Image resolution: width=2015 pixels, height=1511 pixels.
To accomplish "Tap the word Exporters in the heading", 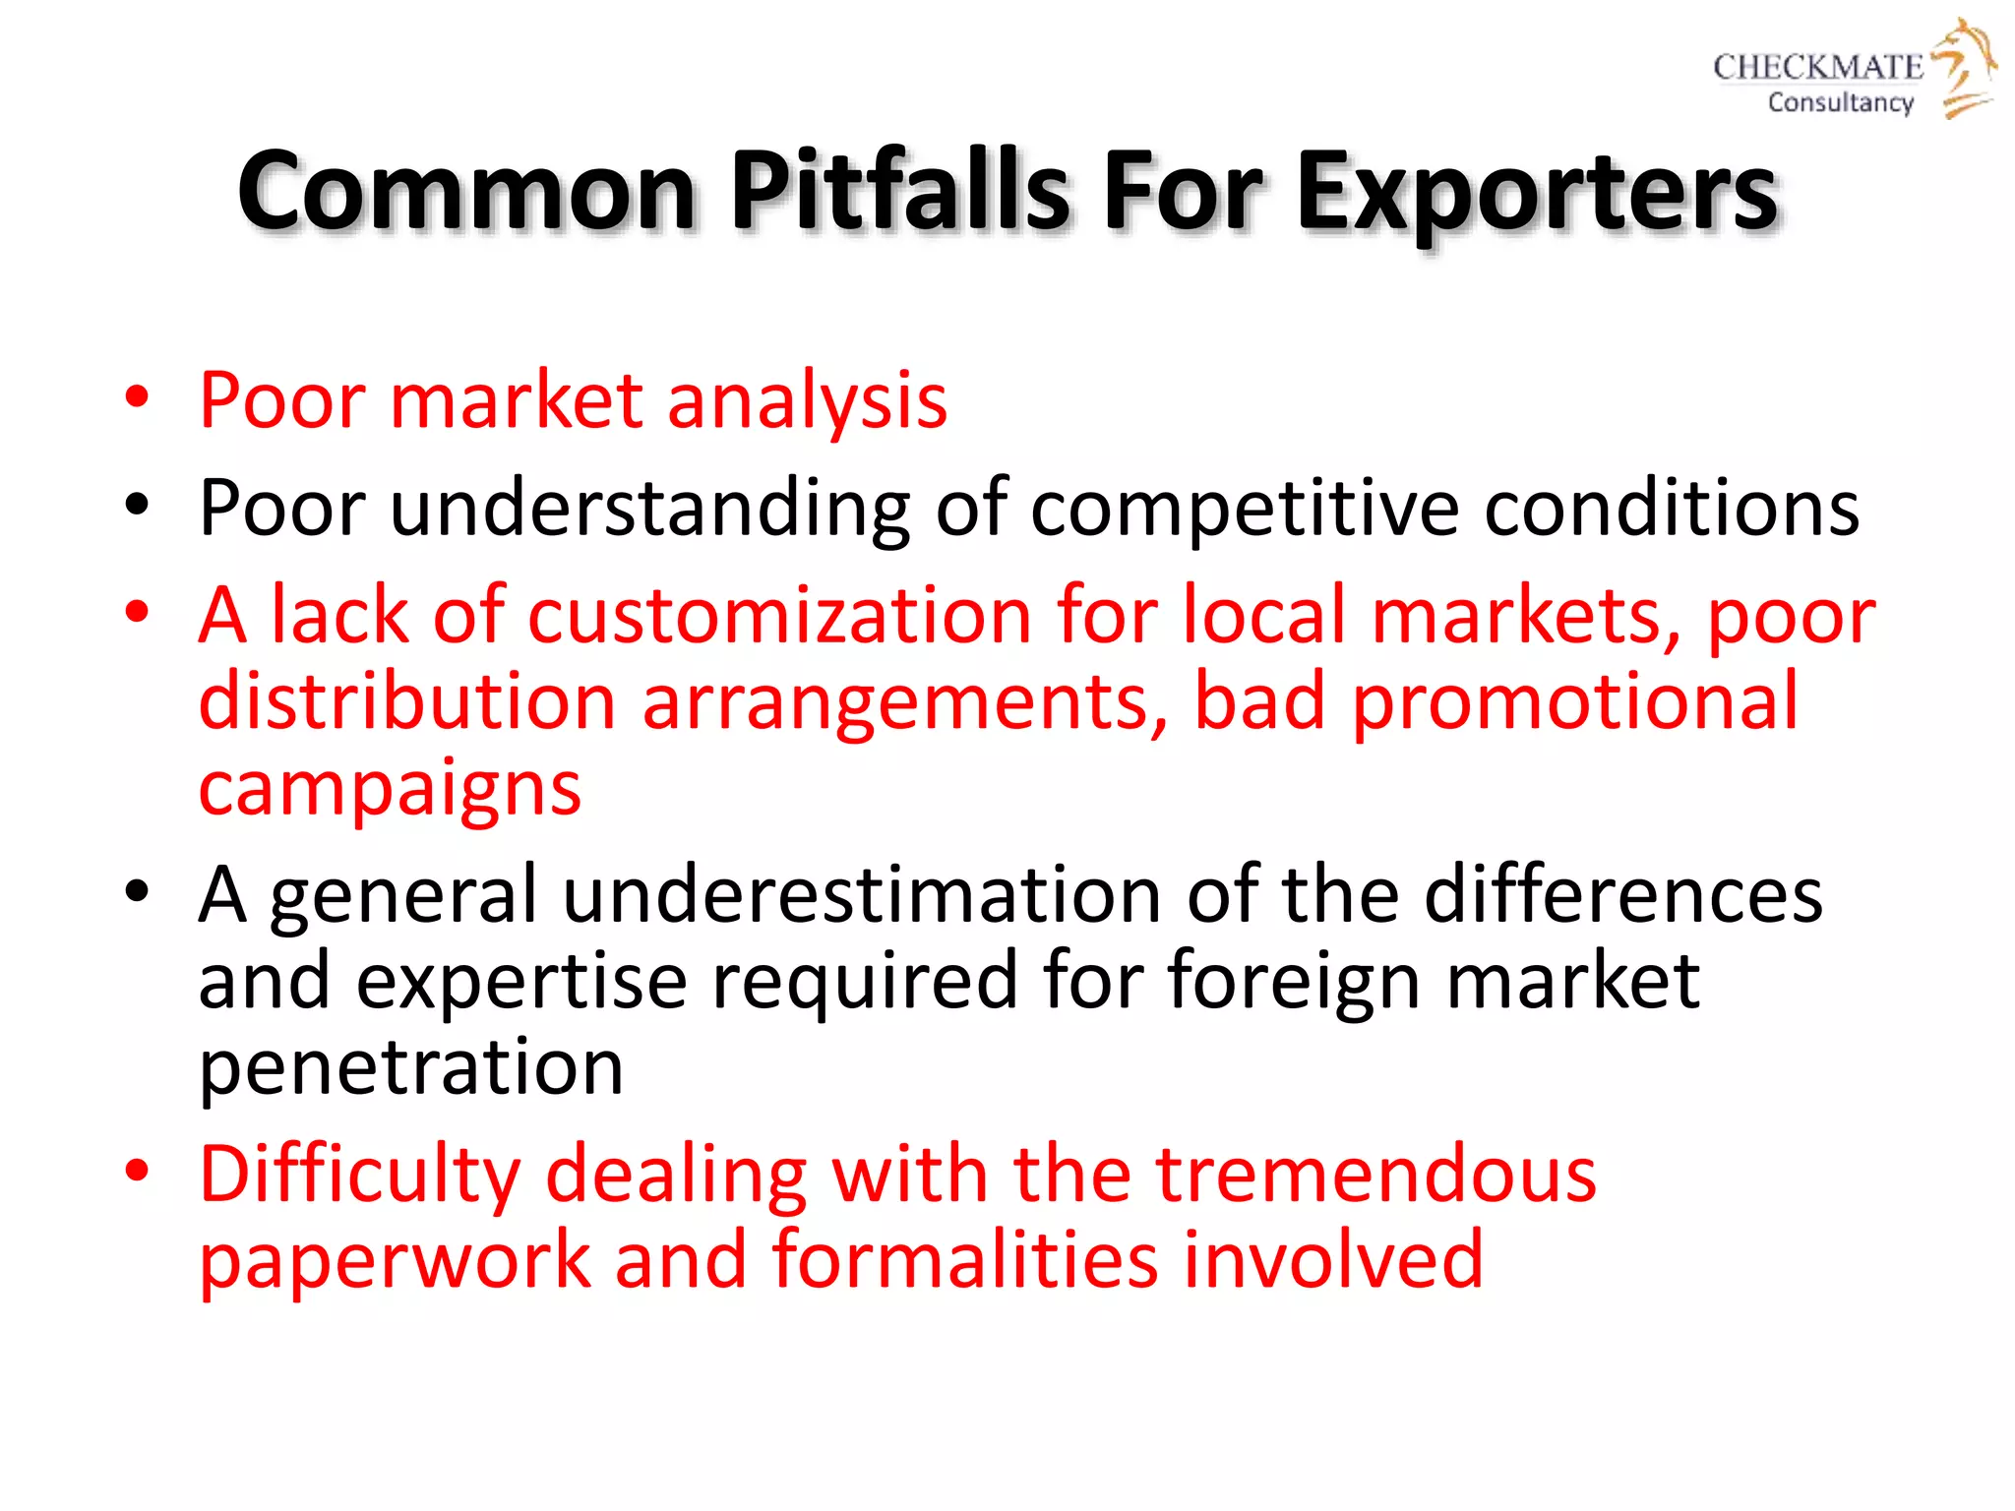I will [x=1537, y=192].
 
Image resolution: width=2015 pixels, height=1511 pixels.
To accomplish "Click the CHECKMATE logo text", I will [x=1817, y=67].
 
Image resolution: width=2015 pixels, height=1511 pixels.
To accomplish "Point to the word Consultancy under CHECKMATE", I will [x=1840, y=102].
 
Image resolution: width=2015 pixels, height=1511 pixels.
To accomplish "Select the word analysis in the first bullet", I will [x=807, y=400].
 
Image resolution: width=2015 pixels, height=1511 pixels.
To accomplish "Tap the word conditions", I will [x=1672, y=508].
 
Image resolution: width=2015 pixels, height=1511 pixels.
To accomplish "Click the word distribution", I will [x=407, y=700].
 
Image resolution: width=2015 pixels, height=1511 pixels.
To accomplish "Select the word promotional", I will [x=1575, y=702].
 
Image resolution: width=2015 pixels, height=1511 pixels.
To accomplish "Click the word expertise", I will [x=521, y=981].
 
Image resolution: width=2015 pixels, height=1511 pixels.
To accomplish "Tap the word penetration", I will [x=411, y=1066].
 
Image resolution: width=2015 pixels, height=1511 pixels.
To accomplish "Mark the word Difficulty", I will [x=360, y=1175].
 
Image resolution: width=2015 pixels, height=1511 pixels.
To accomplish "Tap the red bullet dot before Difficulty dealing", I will [x=137, y=1171].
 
